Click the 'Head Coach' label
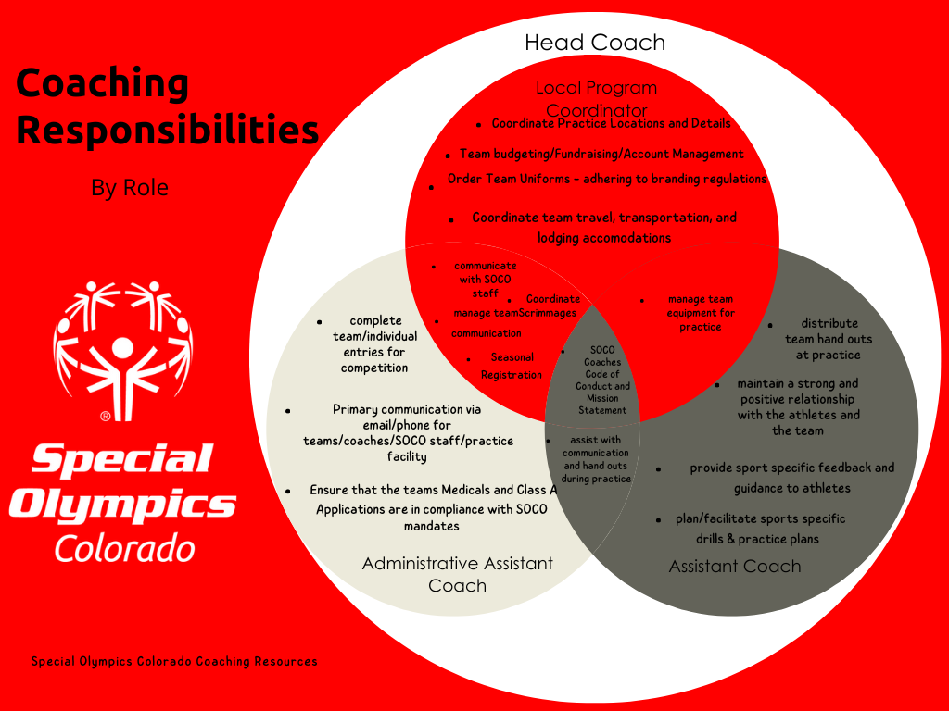click(x=594, y=43)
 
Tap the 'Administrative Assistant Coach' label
click(x=457, y=574)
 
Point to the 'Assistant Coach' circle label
click(x=734, y=566)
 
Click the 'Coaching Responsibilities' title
click(x=168, y=107)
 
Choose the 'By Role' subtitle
click(x=130, y=188)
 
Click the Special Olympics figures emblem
click(x=122, y=340)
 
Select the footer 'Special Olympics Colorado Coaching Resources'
click(x=174, y=661)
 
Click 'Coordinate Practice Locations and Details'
click(x=611, y=123)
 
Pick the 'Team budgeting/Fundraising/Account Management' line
click(x=601, y=155)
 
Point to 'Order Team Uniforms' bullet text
click(x=607, y=179)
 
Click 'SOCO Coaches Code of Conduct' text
click(x=602, y=380)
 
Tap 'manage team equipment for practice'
click(x=701, y=313)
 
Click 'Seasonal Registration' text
click(x=512, y=366)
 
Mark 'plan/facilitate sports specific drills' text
click(x=759, y=529)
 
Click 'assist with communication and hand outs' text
click(x=596, y=459)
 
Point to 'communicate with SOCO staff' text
click(x=485, y=280)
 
